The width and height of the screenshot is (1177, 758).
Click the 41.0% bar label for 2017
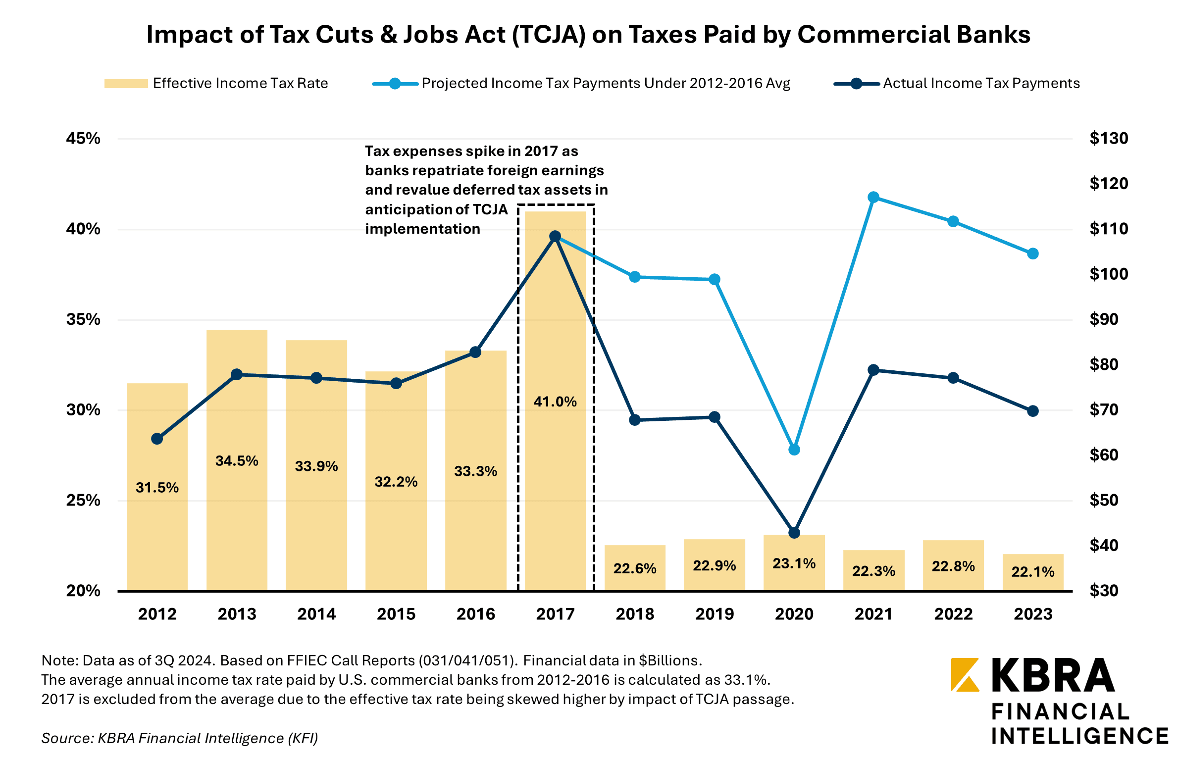555,402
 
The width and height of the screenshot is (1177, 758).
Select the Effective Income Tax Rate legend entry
216,83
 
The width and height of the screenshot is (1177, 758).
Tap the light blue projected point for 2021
873,198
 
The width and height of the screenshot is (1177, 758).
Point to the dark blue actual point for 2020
794,533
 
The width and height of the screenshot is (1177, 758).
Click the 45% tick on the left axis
83,138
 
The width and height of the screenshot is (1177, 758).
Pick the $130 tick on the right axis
1108,138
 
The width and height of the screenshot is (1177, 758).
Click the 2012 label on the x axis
157,614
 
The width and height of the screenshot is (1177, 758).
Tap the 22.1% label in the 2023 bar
1033,572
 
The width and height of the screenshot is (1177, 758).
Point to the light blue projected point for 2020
794,450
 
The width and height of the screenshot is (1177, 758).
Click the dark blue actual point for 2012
157,439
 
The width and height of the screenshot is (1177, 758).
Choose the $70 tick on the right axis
1104,409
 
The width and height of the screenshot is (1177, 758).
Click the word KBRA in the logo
1053,675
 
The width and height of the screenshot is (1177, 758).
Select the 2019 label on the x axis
715,614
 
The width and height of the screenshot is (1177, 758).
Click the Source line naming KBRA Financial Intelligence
179,738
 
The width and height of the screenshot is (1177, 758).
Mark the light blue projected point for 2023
1033,253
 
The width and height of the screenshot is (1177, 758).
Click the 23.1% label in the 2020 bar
794,563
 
